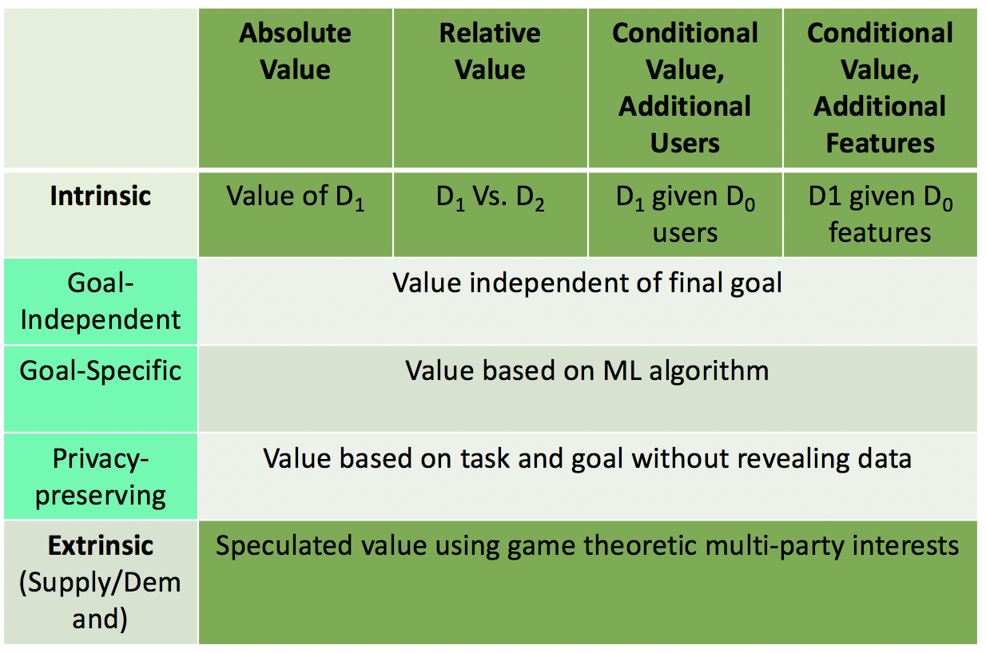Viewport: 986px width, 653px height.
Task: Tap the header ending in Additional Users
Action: [x=685, y=88]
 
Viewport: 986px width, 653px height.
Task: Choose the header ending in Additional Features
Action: [x=880, y=88]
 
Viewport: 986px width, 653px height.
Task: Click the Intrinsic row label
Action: [x=101, y=196]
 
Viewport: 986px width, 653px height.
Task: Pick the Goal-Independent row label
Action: [x=101, y=301]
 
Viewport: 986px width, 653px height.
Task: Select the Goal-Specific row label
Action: [x=101, y=370]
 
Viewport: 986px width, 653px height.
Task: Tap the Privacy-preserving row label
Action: [x=101, y=477]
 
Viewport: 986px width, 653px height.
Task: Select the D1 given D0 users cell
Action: [x=685, y=214]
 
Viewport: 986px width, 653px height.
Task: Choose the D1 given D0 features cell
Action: [x=880, y=214]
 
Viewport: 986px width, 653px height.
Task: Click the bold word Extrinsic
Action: [x=101, y=546]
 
